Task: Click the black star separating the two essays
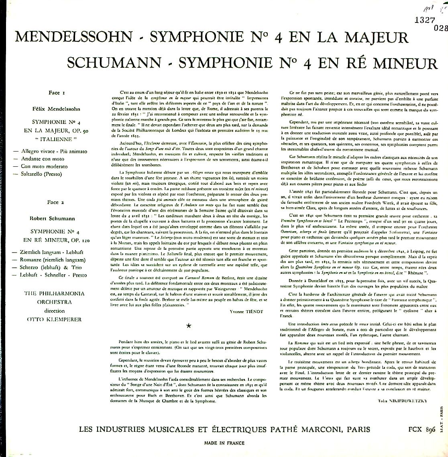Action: point(189,326)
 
